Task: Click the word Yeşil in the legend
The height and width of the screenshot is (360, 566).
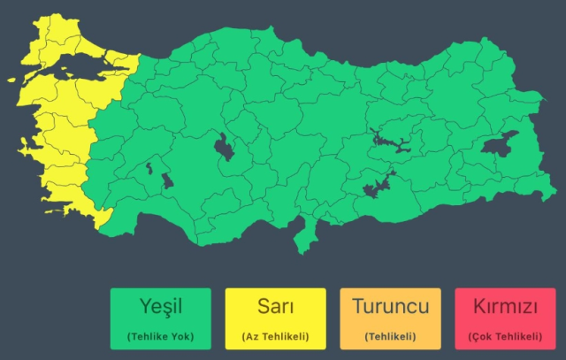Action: pyautogui.click(x=160, y=308)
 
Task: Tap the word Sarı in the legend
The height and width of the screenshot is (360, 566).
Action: pyautogui.click(x=275, y=308)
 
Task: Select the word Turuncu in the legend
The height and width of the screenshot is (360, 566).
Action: pyautogui.click(x=390, y=308)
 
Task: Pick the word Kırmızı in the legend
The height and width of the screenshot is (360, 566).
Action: pyautogui.click(x=505, y=308)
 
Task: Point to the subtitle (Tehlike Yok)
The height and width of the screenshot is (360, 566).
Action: pyautogui.click(x=160, y=336)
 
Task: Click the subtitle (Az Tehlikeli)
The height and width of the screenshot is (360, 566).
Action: pyautogui.click(x=275, y=336)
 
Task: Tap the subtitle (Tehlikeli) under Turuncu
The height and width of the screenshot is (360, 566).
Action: pyautogui.click(x=390, y=336)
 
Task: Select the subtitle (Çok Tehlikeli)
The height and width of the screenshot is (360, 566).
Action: pyautogui.click(x=505, y=336)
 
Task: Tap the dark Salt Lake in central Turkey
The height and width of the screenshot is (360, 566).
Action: pyautogui.click(x=224, y=147)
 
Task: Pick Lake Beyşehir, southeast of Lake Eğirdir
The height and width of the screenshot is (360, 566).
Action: pyautogui.click(x=167, y=182)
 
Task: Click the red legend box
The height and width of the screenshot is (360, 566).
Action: pyautogui.click(x=505, y=318)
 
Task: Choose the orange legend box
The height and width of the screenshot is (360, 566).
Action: pyautogui.click(x=390, y=318)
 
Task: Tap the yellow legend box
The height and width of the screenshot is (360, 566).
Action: pyautogui.click(x=275, y=318)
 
